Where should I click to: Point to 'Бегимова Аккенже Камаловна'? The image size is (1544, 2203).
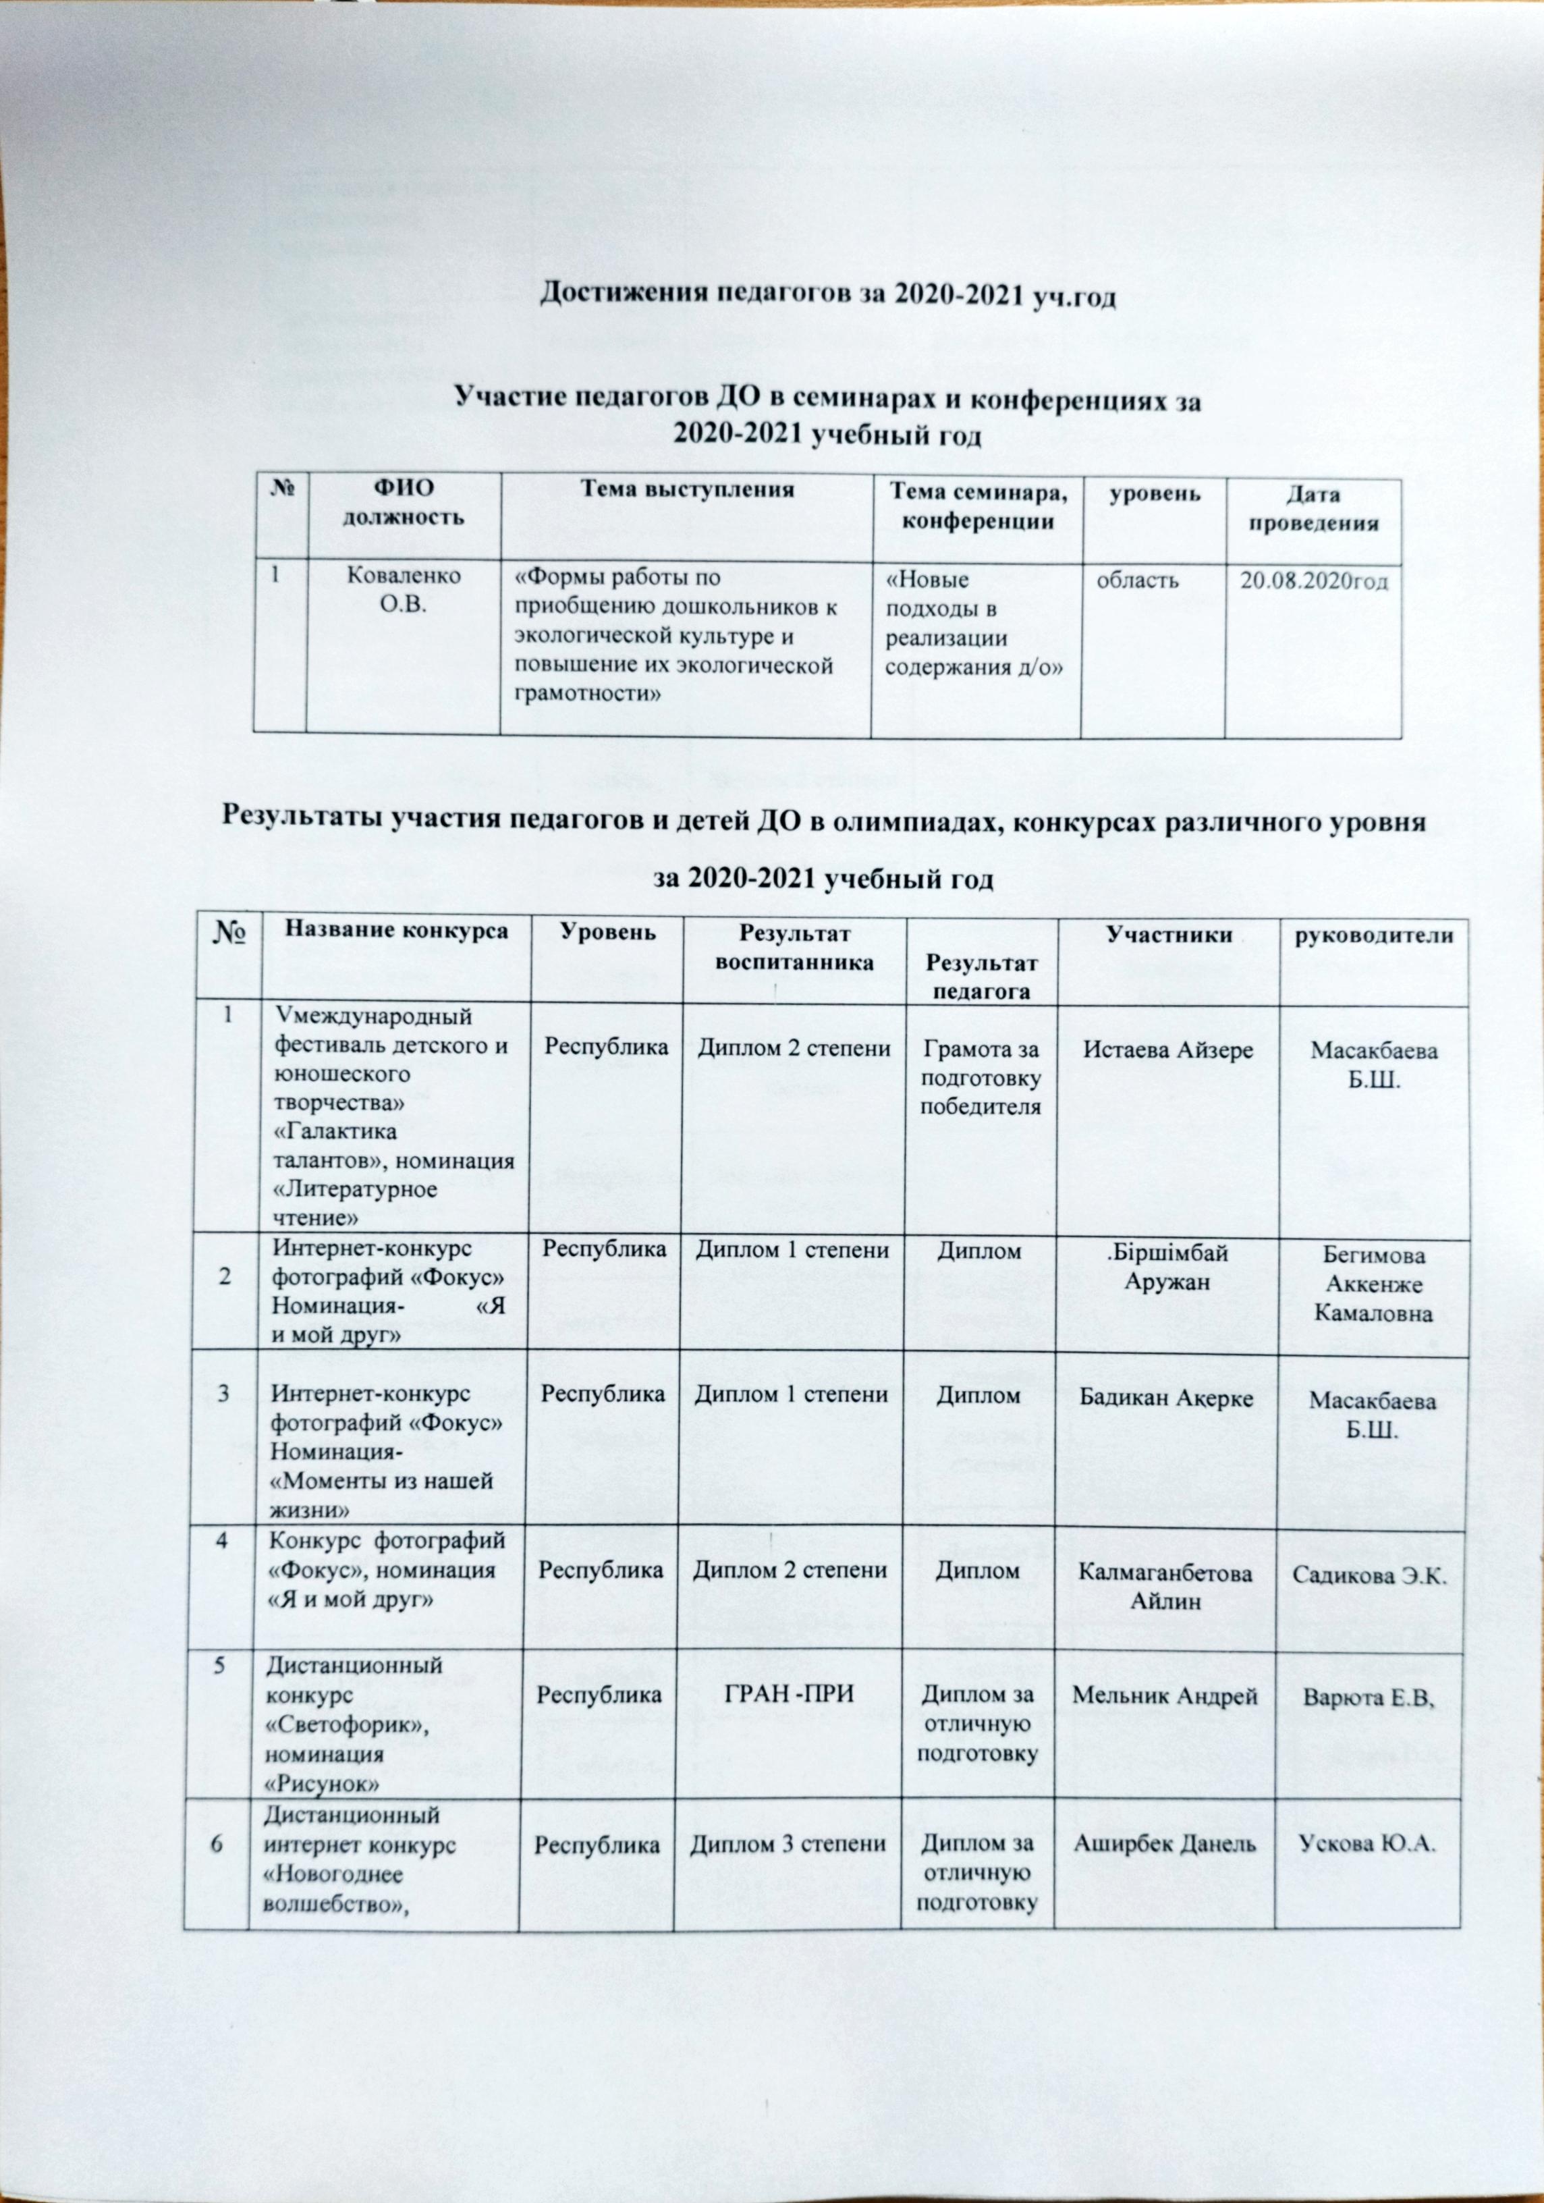(1373, 1284)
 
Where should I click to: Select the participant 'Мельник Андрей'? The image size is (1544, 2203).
(1164, 1695)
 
